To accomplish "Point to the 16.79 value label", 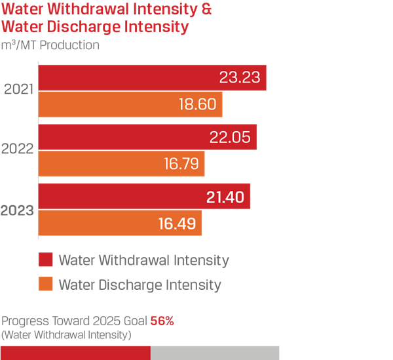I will tap(181, 164).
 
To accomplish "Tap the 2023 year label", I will tap(19, 210).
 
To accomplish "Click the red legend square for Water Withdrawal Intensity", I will tap(45, 260).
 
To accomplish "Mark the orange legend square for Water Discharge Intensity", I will tap(45, 285).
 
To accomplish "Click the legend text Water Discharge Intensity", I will tap(140, 285).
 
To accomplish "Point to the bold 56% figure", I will tap(162, 322).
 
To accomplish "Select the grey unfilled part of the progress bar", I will tap(215, 353).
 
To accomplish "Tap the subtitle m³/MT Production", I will tap(51, 46).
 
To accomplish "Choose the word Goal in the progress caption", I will tap(134, 322).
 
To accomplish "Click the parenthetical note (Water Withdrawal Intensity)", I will tap(66, 335).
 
